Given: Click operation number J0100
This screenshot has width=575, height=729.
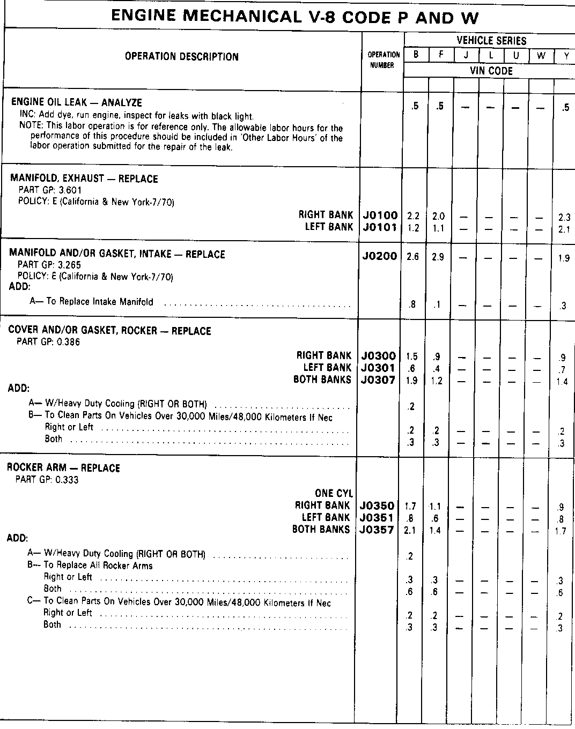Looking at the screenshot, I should (380, 215).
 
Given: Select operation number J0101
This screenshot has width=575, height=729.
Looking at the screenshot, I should (380, 227).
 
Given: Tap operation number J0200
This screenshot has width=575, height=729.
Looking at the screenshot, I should (380, 256).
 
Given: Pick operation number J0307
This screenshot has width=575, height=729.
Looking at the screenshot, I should (378, 380).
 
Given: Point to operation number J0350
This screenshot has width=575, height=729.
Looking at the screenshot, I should (378, 505).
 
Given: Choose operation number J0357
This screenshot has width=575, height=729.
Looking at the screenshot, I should (378, 530).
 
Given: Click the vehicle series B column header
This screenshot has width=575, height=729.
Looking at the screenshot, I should (416, 55).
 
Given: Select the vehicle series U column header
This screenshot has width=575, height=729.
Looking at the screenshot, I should (515, 55).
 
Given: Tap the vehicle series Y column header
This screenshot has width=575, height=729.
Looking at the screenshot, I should (566, 55).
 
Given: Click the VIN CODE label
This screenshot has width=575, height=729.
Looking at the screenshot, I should (491, 71).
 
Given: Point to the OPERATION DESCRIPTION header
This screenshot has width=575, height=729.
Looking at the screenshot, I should (182, 57).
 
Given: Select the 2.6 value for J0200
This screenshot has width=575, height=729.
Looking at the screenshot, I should (412, 257).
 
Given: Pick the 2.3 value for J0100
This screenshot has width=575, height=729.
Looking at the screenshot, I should (564, 217).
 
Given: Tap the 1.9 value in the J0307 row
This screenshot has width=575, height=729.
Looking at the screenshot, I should (412, 381).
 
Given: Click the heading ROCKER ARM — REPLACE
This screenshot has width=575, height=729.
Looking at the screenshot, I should (63, 468).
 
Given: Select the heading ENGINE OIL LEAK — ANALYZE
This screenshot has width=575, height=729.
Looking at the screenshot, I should (76, 102).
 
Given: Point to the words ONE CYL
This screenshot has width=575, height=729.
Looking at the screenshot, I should (334, 494).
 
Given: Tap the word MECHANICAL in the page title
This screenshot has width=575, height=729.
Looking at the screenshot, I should (240, 17).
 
